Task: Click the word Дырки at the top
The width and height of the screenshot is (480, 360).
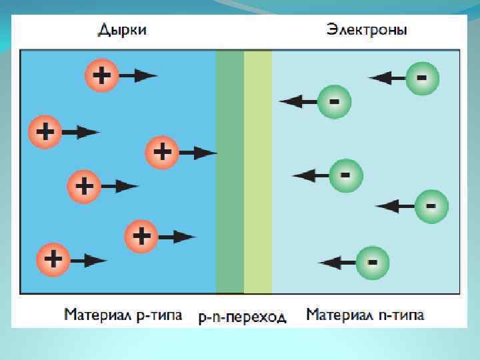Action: coord(123,30)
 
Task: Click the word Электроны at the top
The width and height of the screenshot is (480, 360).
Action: coord(367,30)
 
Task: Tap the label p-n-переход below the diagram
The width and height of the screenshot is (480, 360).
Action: coord(243,317)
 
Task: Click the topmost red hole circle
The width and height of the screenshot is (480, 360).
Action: coord(101,75)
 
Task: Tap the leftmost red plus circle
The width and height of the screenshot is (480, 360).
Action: coord(45,132)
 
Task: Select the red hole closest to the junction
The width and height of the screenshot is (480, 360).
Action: coord(162,153)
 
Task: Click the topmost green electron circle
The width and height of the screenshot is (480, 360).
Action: coord(421,78)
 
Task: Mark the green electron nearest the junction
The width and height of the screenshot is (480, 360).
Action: coord(334,101)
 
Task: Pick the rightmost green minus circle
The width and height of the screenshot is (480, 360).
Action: coord(431,206)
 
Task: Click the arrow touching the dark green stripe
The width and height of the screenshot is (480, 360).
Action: coord(198,153)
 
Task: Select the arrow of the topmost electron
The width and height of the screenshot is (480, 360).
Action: coord(387,78)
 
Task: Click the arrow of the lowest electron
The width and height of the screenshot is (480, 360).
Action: coord(337,263)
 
